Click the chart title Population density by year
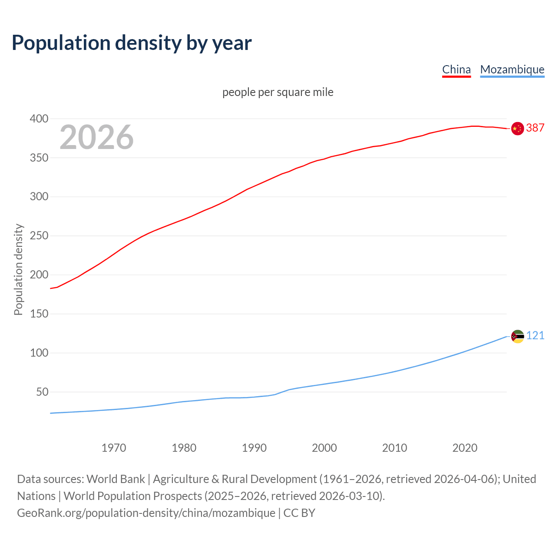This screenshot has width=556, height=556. coord(132,43)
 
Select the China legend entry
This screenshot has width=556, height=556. coord(456,69)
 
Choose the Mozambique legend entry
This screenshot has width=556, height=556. coord(512,69)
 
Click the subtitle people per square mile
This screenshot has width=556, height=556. coord(278,93)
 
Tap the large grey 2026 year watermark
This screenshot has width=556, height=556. coord(96,137)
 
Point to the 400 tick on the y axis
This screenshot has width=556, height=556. coord(39,119)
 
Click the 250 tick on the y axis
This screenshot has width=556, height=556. coord(39,236)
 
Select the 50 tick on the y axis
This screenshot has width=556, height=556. coord(42,392)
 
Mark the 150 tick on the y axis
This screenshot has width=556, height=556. coord(39,314)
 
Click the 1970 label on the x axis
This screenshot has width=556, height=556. coord(114,448)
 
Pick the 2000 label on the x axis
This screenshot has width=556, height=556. coord(324,448)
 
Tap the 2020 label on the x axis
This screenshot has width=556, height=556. coord(465,448)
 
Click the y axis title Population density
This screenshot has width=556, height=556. coord(18,269)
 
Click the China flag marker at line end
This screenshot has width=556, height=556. coord(517,129)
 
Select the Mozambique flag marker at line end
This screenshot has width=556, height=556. coord(517,336)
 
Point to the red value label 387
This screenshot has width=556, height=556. coord(535,128)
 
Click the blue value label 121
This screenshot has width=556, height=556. coord(535,336)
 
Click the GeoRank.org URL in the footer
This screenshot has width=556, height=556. coord(146,513)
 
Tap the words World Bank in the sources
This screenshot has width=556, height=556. coord(116,479)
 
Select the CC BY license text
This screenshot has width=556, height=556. coord(299,513)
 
